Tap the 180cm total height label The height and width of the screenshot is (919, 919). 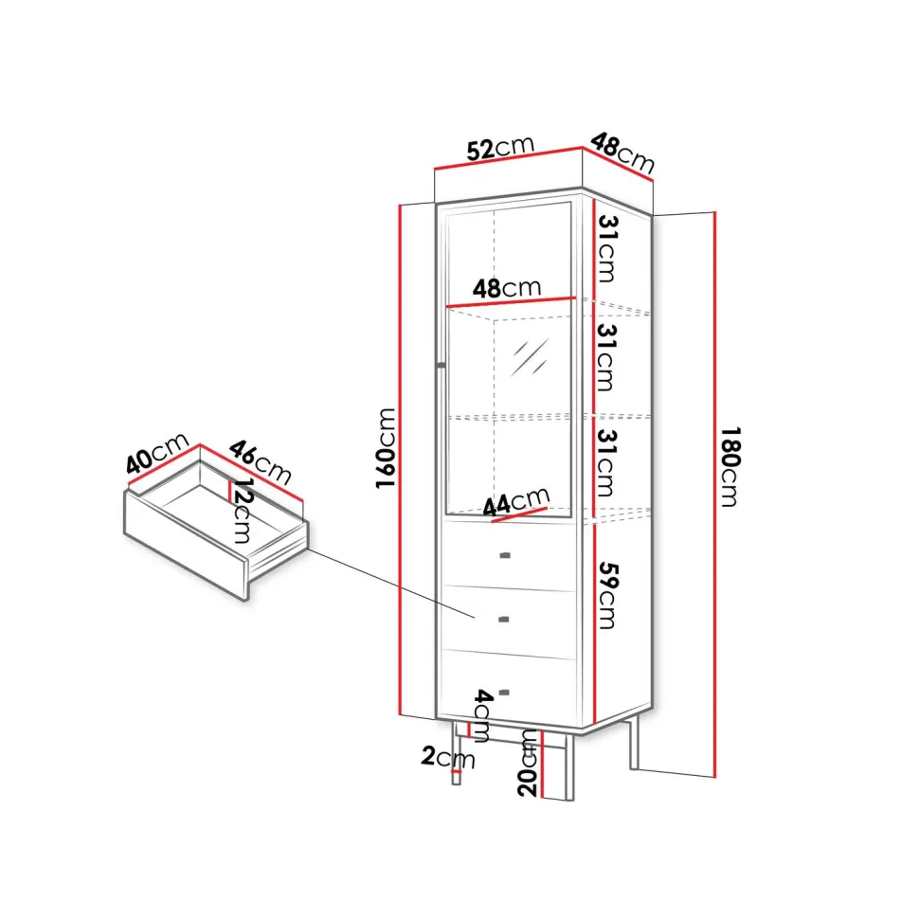pyautogui.click(x=730, y=466)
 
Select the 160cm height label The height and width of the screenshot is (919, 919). pyautogui.click(x=386, y=448)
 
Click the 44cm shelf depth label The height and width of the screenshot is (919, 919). pyautogui.click(x=516, y=502)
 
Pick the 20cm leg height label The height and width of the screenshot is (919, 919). pyautogui.click(x=528, y=763)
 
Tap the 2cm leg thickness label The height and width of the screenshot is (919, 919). pyautogui.click(x=448, y=757)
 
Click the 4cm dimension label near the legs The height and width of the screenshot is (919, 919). pyautogui.click(x=483, y=716)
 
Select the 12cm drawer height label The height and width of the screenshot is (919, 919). pyautogui.click(x=242, y=511)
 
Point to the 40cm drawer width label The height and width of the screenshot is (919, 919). pyautogui.click(x=157, y=453)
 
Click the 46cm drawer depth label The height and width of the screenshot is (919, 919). pyautogui.click(x=260, y=462)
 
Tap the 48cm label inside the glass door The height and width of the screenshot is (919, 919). pyautogui.click(x=506, y=288)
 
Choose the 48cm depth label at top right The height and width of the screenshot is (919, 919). pyautogui.click(x=622, y=153)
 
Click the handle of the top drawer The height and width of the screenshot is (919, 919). pyautogui.click(x=504, y=555)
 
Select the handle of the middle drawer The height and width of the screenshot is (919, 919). pyautogui.click(x=503, y=619)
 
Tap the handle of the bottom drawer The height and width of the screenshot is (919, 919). pyautogui.click(x=503, y=693)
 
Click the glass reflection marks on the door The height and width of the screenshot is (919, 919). pyautogui.click(x=530, y=357)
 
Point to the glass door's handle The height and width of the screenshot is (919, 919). pyautogui.click(x=441, y=366)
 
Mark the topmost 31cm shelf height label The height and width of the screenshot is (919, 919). pyautogui.click(x=607, y=249)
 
